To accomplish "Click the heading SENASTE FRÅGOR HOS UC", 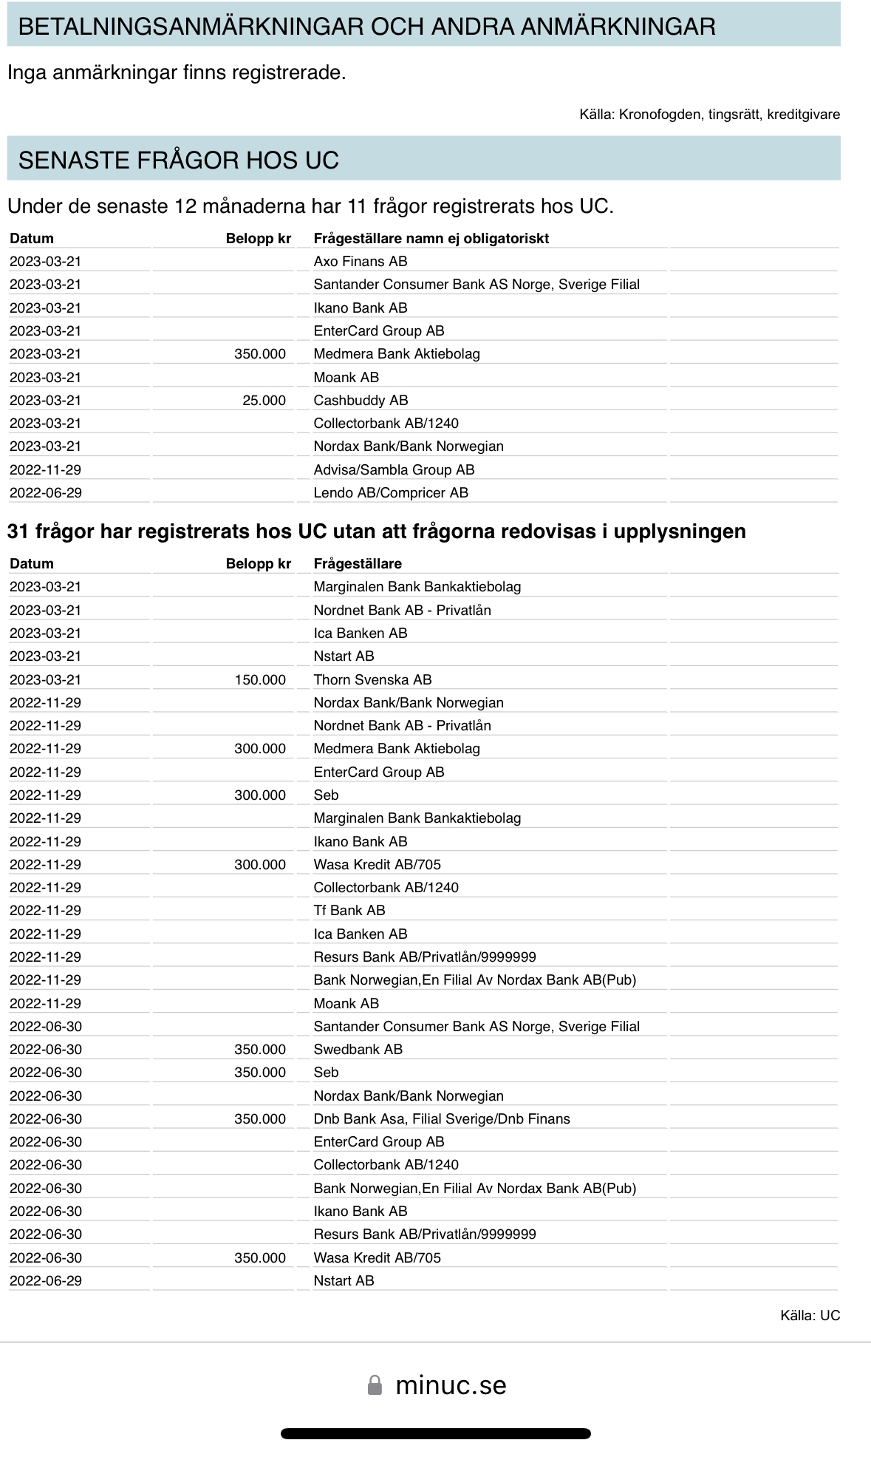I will point(179,160).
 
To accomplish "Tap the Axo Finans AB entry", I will point(361,262).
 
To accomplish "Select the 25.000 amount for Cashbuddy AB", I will point(264,401).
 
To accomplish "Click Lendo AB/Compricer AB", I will point(391,493).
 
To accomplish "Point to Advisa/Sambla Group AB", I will point(394,470).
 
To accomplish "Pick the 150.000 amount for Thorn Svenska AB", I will point(260,680).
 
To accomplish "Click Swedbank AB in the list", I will point(358,1050).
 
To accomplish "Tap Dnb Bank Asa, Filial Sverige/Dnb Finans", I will point(442,1119).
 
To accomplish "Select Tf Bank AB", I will point(349,911).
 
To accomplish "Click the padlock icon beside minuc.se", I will point(375,1385).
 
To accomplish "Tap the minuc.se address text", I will point(451,1385).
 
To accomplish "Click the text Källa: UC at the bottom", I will point(810,1316).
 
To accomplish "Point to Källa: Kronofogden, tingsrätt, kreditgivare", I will point(709,115).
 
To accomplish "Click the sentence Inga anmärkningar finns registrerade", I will point(177,72).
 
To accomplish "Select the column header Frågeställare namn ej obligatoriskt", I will point(431,239).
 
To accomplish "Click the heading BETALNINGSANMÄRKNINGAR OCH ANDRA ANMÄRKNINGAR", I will point(366,27).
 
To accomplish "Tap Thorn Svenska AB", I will point(372,680).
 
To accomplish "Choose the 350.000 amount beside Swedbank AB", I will point(260,1050).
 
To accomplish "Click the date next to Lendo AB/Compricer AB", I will point(46,493).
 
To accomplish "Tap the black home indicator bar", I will point(435,1433).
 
